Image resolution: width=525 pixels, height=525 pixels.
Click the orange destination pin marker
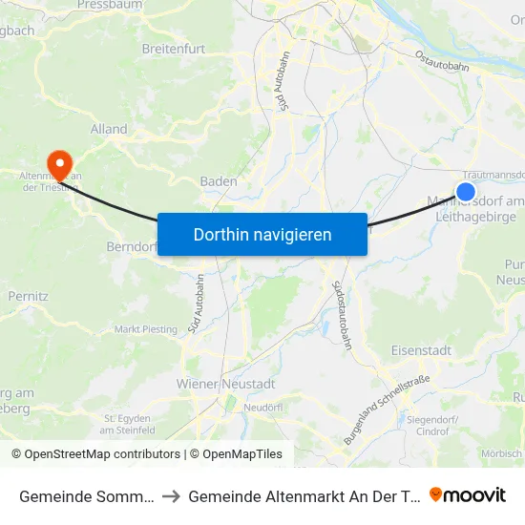coord(59,164)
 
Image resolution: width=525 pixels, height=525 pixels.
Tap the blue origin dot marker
coord(466,192)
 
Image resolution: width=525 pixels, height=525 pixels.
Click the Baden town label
coord(219,181)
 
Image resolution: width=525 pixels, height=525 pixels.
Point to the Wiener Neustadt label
coord(226,384)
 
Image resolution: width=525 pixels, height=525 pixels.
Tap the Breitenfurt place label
coord(174,47)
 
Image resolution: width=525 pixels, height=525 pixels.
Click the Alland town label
coord(109,129)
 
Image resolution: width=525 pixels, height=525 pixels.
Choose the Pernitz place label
coord(27,297)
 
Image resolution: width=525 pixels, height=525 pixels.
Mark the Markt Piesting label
coord(146,329)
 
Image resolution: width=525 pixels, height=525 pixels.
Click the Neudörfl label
coord(265,407)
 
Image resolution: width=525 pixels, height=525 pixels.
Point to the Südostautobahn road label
coord(342,301)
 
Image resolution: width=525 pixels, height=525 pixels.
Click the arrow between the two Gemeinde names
coord(173,495)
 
